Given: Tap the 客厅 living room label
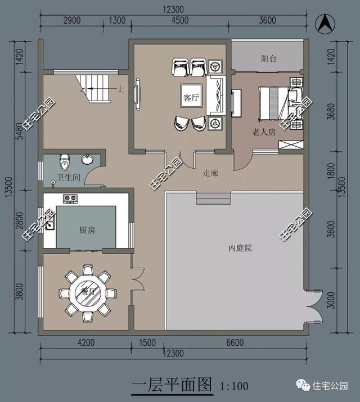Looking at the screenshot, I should [191, 97].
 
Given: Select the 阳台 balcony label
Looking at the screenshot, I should [268, 58].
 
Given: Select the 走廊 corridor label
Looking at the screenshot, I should [211, 173].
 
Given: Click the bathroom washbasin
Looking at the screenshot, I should [88, 160].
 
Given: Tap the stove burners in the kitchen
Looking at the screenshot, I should [70, 198].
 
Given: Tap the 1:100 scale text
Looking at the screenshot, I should [234, 386].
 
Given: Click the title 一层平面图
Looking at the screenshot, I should [172, 385].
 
